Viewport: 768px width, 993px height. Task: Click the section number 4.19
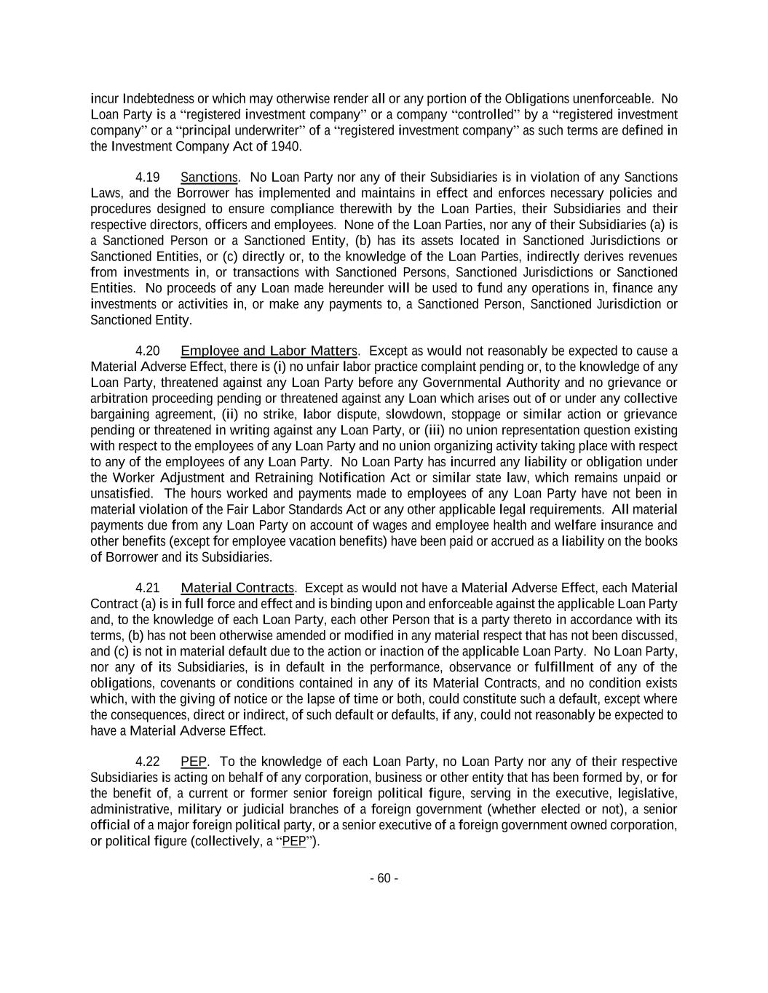[x=148, y=178]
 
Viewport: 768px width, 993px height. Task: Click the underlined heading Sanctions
[x=209, y=178]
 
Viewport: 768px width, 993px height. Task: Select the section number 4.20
[x=148, y=351]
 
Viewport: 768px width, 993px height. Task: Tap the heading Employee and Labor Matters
[x=269, y=351]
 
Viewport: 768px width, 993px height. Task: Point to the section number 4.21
[x=148, y=588]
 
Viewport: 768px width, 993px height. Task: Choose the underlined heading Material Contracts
[x=237, y=588]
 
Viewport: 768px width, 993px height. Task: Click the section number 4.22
[x=148, y=762]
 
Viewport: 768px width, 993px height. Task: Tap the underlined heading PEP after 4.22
[x=194, y=762]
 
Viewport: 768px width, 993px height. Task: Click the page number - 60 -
[x=384, y=878]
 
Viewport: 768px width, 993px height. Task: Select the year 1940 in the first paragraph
[x=286, y=146]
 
